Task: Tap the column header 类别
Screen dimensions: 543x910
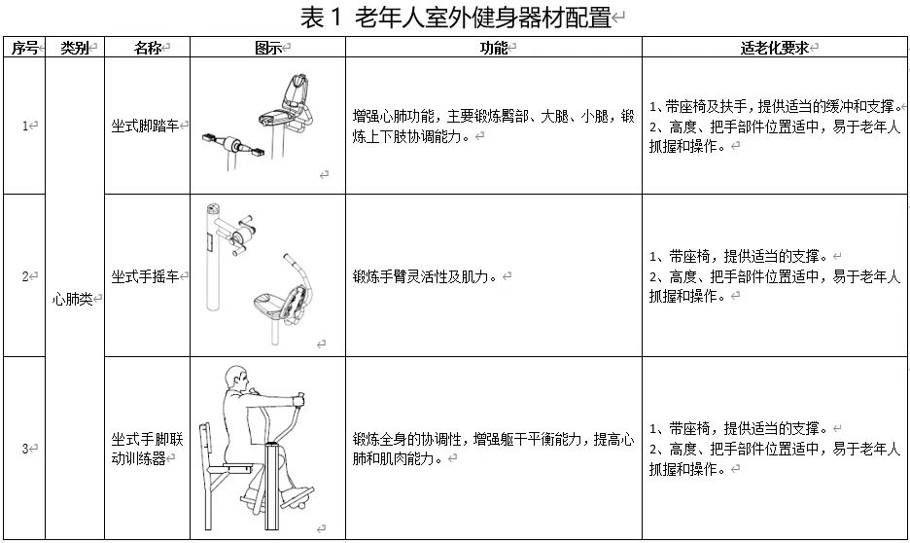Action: click(75, 48)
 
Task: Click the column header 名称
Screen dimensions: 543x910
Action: click(147, 48)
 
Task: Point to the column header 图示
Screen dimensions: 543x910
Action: click(268, 48)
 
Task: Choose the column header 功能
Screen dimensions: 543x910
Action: click(494, 48)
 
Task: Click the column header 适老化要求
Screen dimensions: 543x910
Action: click(774, 48)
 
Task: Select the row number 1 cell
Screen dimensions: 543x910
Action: click(27, 126)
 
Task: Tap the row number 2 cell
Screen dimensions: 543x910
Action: click(27, 276)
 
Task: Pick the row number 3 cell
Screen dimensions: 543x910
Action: click(27, 449)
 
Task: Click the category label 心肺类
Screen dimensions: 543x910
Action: click(75, 300)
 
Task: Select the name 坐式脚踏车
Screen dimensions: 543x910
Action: click(147, 126)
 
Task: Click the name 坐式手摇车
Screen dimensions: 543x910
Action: click(147, 276)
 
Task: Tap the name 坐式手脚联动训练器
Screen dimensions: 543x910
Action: click(147, 449)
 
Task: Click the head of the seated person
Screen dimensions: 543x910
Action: click(234, 380)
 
